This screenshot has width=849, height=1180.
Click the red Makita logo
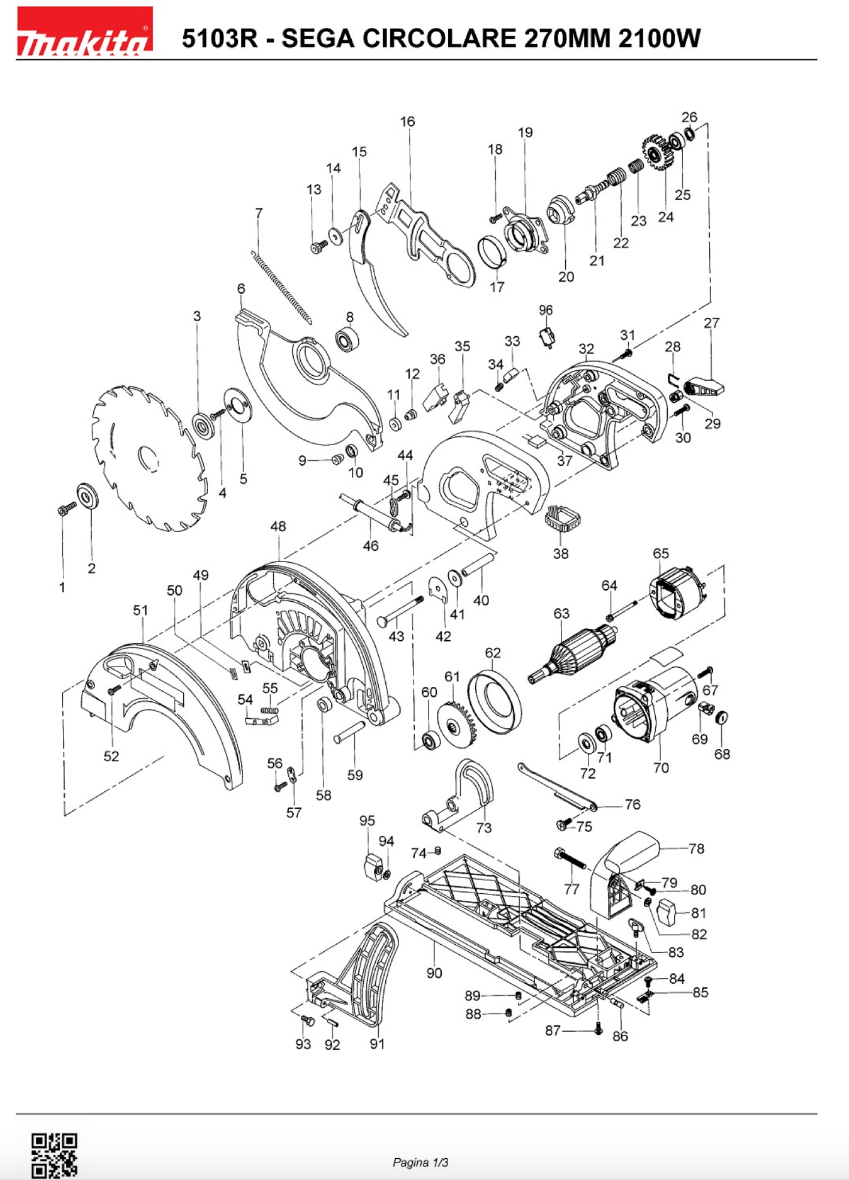[x=85, y=31]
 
